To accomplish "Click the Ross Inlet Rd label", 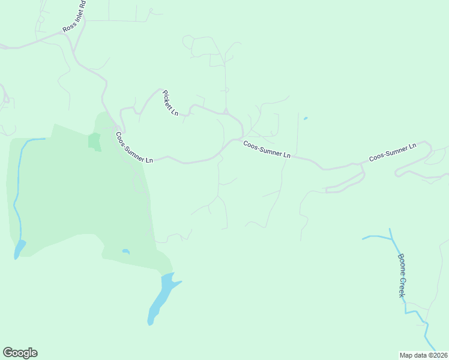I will (x=74, y=17).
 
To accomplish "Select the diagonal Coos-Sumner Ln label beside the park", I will (x=134, y=148).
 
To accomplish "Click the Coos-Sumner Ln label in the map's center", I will (x=267, y=149).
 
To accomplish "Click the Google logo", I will (x=20, y=353).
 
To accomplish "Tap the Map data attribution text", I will (x=423, y=355).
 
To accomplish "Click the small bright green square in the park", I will (x=94, y=141).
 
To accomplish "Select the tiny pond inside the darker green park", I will (x=125, y=251).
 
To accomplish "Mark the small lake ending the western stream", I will (x=19, y=248).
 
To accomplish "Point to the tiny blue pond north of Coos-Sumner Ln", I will (x=306, y=118).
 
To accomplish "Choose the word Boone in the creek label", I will (x=401, y=265).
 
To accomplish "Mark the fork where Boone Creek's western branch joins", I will (x=393, y=239).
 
